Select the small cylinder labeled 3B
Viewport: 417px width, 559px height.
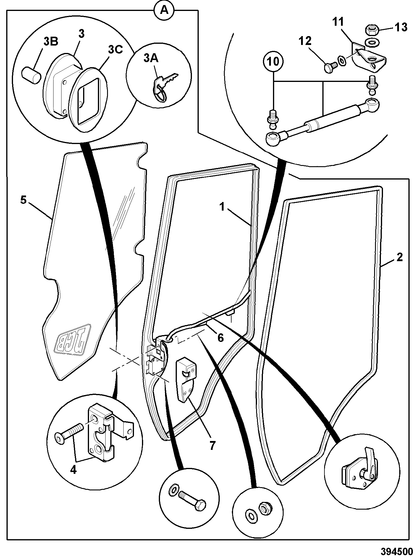30,76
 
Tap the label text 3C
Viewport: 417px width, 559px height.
115,50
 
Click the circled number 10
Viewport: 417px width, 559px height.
274,62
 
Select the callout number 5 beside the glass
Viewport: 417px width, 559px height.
23,200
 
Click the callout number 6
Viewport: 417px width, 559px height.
221,337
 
